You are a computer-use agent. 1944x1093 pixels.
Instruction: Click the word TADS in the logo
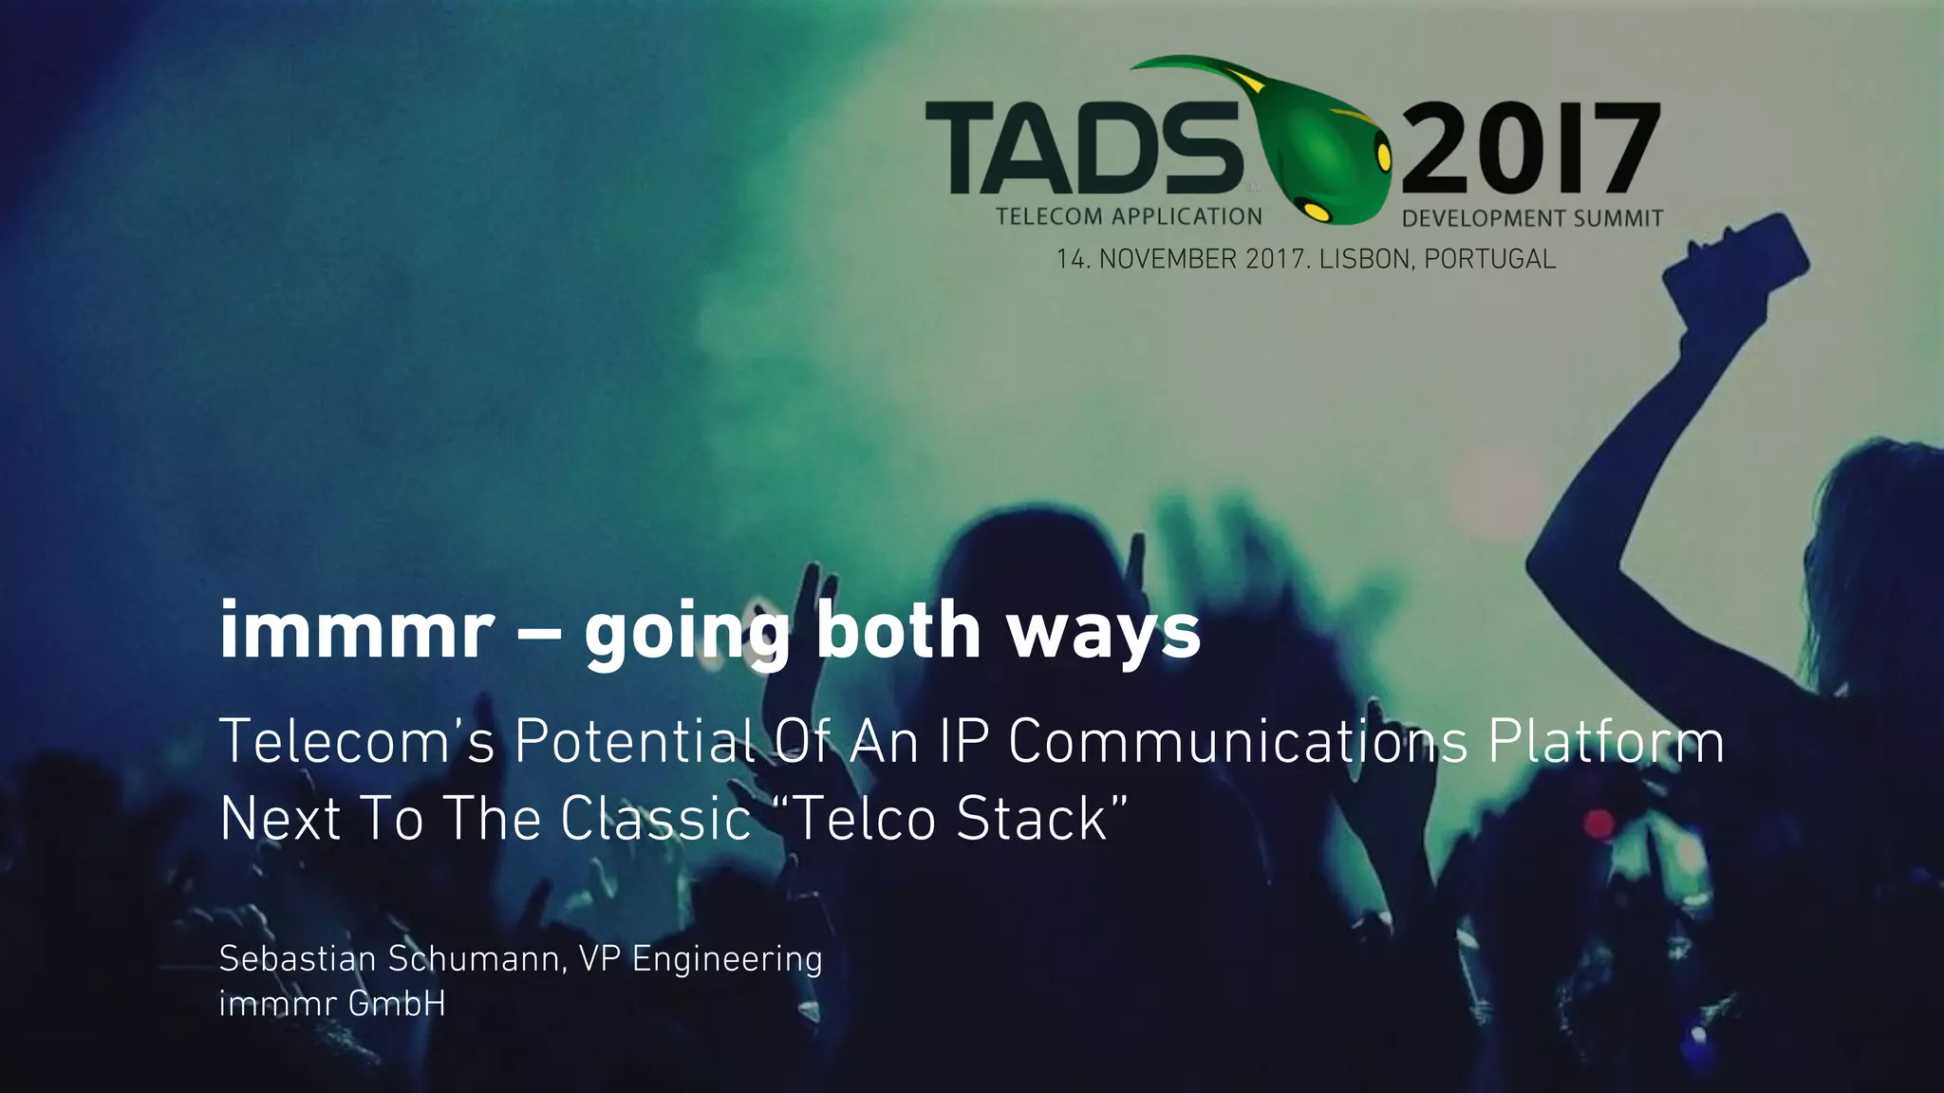pyautogui.click(x=1082, y=147)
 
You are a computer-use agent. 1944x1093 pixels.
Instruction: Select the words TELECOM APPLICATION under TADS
pyautogui.click(x=1129, y=216)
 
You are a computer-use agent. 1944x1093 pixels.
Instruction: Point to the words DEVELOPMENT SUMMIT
pyautogui.click(x=1532, y=218)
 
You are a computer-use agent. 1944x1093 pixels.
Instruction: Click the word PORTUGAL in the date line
pyautogui.click(x=1489, y=259)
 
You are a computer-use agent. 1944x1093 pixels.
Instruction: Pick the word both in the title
pyautogui.click(x=898, y=631)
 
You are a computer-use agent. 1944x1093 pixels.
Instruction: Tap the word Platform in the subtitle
pyautogui.click(x=1605, y=741)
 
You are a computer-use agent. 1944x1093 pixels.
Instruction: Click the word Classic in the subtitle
pyautogui.click(x=655, y=818)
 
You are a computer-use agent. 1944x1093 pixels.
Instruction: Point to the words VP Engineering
pyautogui.click(x=701, y=959)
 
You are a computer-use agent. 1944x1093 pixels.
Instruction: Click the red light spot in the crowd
pyautogui.click(x=1599, y=824)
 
